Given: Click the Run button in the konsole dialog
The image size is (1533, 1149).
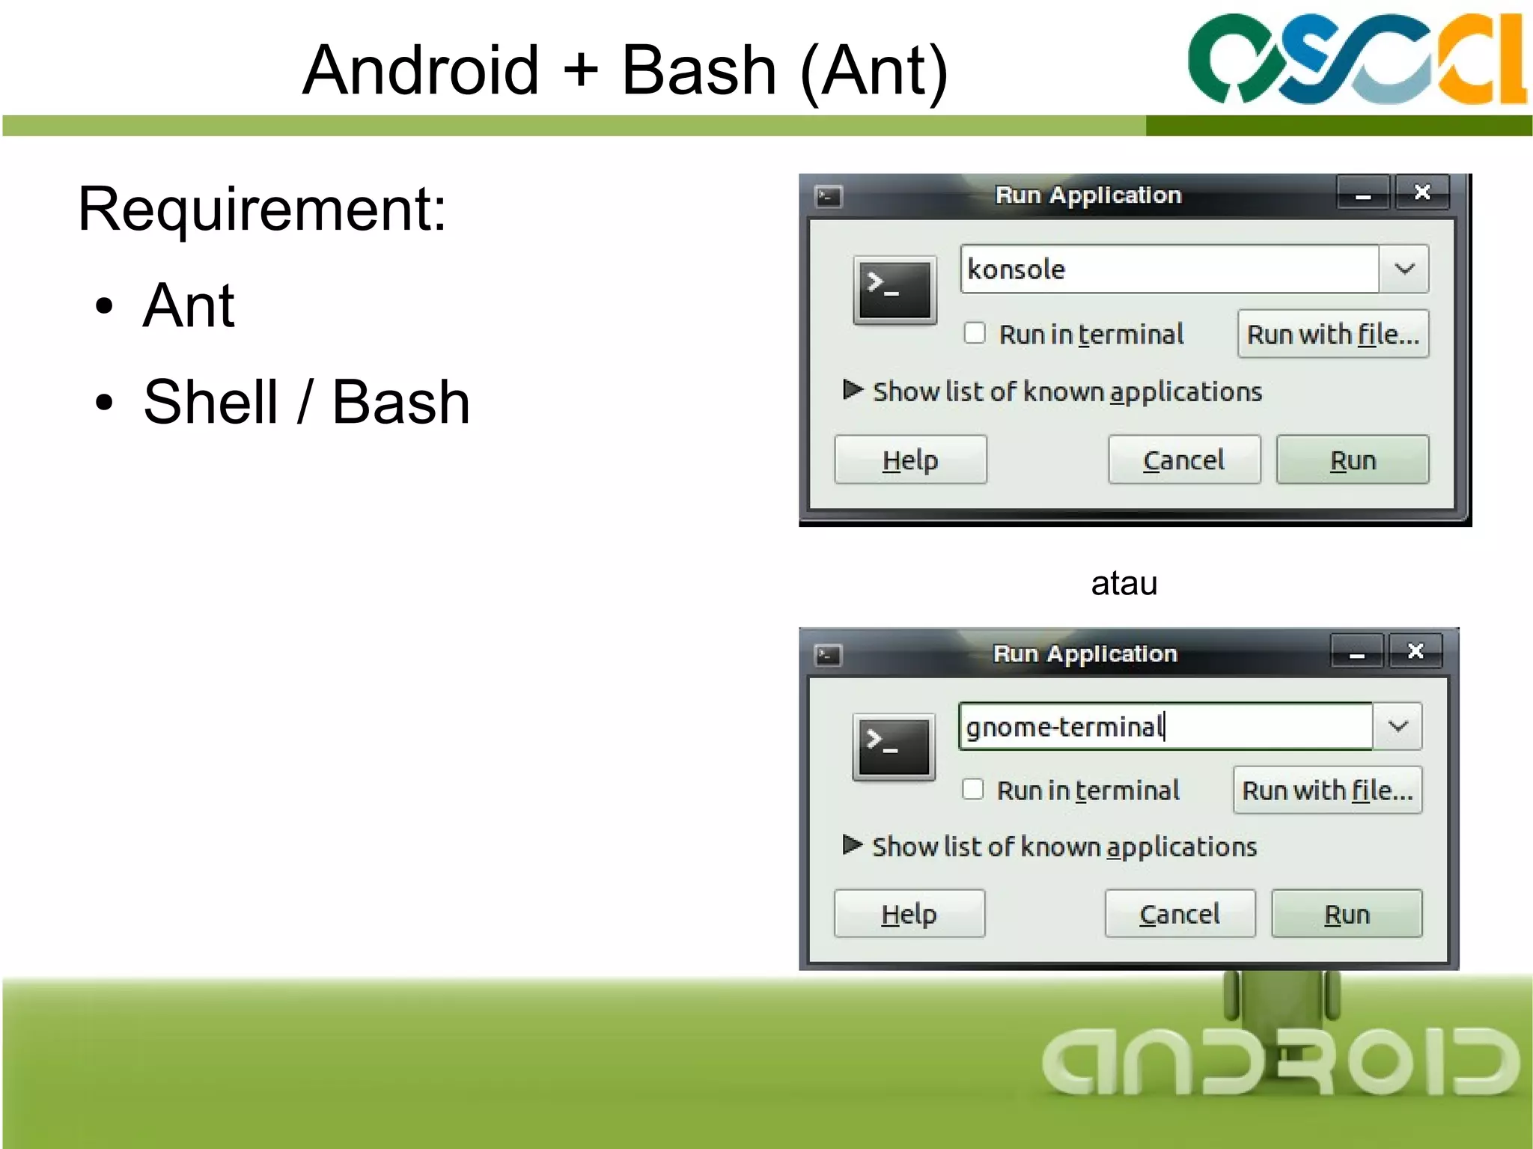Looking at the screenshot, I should pos(1352,460).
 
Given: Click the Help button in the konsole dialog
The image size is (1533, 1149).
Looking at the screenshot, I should pos(909,460).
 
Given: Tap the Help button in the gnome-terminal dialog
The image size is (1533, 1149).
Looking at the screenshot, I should pos(909,913).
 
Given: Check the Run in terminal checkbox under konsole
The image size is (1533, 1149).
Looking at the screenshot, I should pos(974,333).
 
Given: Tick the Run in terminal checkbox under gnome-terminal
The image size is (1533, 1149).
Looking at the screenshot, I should pos(972,789).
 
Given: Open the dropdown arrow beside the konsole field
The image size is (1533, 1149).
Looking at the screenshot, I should pos(1404,269).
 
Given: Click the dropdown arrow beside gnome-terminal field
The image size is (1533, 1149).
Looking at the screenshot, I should pos(1398,726).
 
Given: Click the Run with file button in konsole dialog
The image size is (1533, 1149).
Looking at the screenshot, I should pos(1332,334).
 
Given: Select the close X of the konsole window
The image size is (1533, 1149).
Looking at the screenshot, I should pos(1422,193).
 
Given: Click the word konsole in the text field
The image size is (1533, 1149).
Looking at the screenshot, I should pos(1016,269).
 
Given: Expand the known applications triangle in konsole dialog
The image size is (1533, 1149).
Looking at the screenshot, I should pos(852,390).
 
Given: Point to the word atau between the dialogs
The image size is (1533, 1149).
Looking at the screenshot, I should pos(1124,583).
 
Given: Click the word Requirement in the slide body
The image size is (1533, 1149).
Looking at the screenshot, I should pos(261,210).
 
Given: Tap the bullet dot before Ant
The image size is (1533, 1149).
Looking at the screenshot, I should pos(105,306).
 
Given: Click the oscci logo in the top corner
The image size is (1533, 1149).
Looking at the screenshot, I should pos(1356,59).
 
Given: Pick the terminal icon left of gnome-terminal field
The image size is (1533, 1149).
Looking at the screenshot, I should pos(894,747).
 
